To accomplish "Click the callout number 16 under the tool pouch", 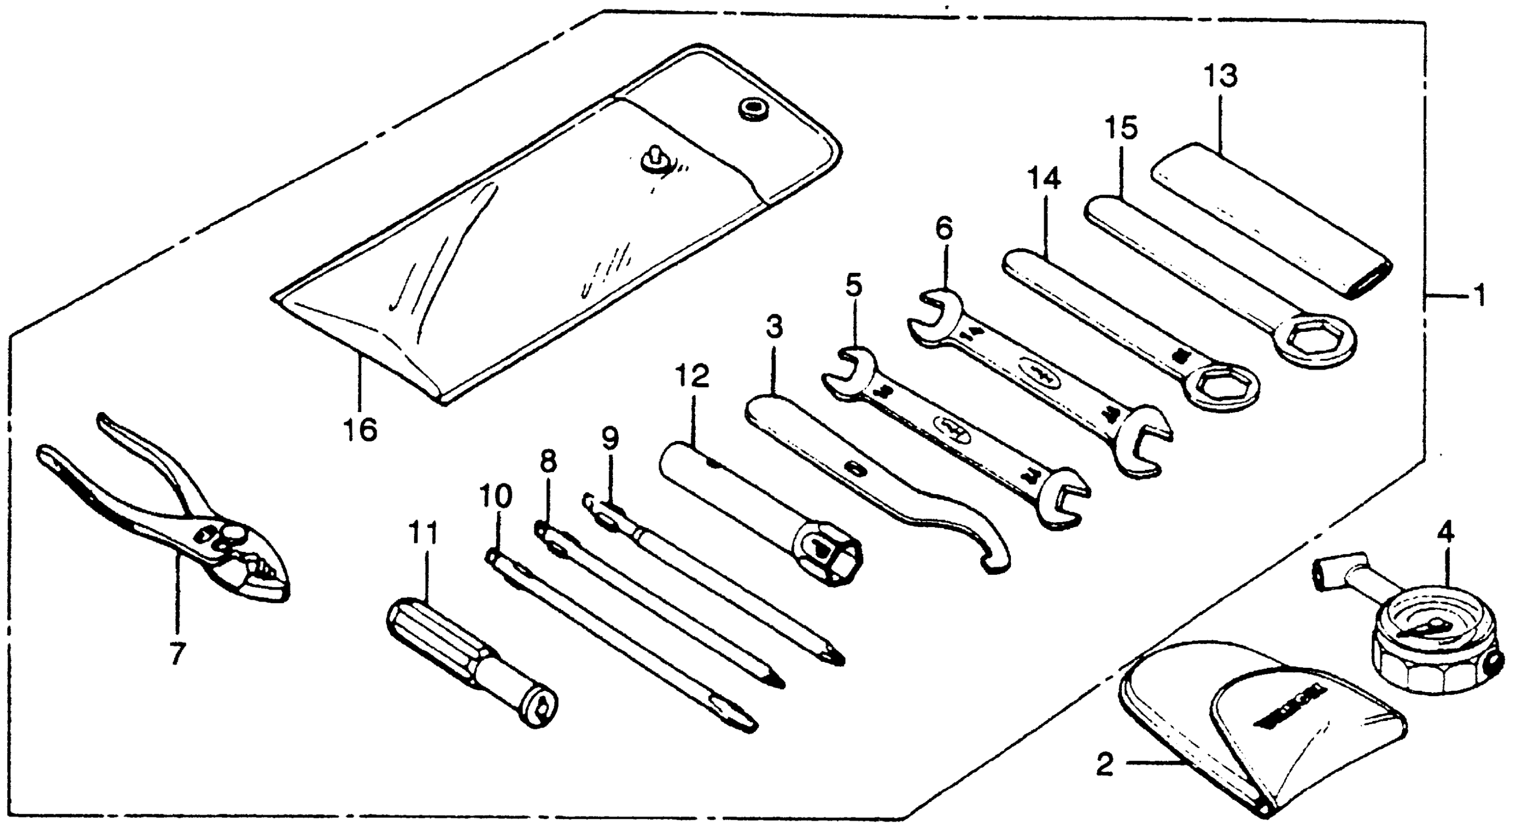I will (x=360, y=430).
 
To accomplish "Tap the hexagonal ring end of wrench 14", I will (x=1219, y=385).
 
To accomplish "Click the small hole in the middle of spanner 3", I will (x=856, y=469).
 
